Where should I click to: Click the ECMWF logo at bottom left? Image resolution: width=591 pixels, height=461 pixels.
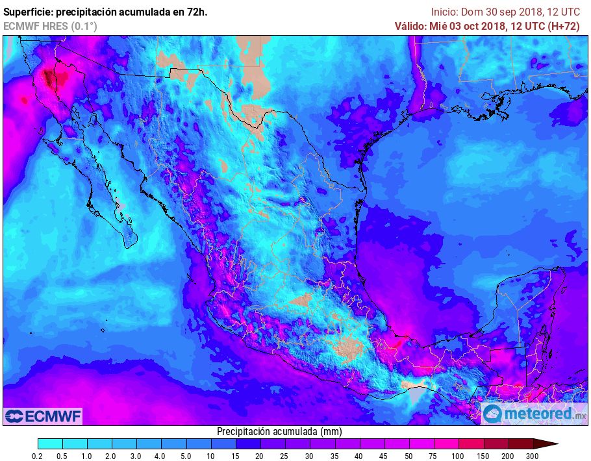pyautogui.click(x=44, y=416)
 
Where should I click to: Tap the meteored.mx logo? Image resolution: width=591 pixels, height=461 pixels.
pyautogui.click(x=534, y=414)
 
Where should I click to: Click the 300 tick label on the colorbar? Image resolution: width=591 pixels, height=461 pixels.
pyautogui.click(x=533, y=456)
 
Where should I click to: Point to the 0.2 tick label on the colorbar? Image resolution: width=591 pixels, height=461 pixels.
pyautogui.click(x=38, y=456)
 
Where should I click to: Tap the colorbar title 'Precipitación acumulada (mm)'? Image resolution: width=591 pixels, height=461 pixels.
pyautogui.click(x=279, y=431)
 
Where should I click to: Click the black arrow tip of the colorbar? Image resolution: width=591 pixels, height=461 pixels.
pyautogui.click(x=555, y=444)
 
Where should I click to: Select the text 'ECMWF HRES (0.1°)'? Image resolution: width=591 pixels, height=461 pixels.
pyautogui.click(x=50, y=26)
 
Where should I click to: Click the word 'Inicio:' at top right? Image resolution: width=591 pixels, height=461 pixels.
pyautogui.click(x=445, y=12)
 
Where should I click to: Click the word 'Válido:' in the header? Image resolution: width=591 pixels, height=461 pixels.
pyautogui.click(x=411, y=26)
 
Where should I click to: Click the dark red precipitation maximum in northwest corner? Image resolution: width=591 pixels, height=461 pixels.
pyautogui.click(x=51, y=79)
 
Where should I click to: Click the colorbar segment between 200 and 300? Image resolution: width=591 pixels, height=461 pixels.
pyautogui.click(x=521, y=444)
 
